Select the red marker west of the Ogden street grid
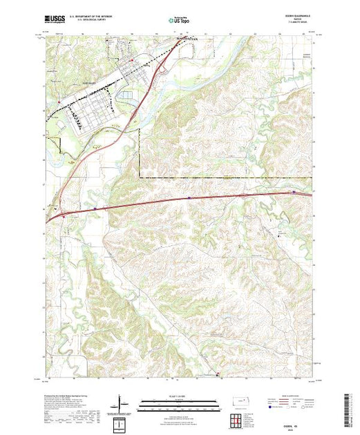(x=59, y=104)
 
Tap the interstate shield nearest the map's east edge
(x=295, y=192)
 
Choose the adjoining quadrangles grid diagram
(x=236, y=419)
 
